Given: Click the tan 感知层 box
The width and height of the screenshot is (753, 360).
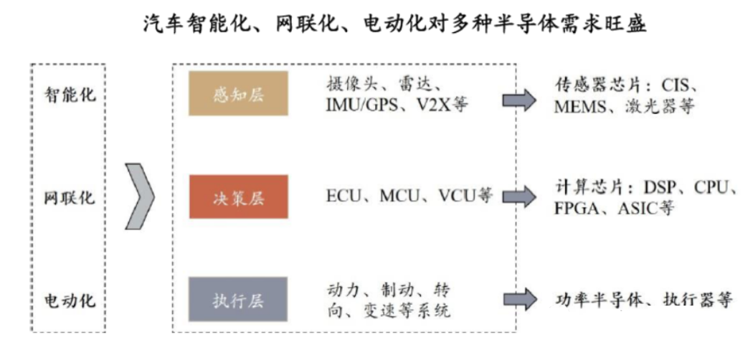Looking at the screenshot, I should [x=238, y=93].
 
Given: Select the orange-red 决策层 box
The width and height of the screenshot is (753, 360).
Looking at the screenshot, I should [x=238, y=196].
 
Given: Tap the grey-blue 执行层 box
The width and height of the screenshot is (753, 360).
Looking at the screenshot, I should [x=238, y=300].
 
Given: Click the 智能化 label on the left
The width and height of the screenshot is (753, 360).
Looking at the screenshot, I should [x=70, y=94].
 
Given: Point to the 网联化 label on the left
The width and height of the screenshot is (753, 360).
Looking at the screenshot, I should [x=70, y=197].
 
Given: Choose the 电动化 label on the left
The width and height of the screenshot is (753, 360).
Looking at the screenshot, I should [x=70, y=300].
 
